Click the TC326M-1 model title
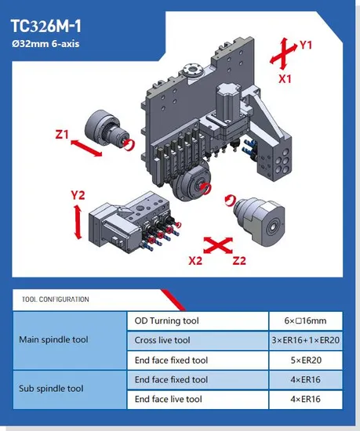pyautogui.click(x=46, y=27)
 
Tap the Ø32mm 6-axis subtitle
pyautogui.click(x=45, y=44)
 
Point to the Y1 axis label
pyautogui.click(x=306, y=45)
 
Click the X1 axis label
pyautogui.click(x=285, y=79)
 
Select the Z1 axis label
pyautogui.click(x=62, y=135)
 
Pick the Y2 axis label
pyautogui.click(x=78, y=195)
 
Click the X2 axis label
pyautogui.click(x=195, y=261)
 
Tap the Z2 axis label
pyautogui.click(x=239, y=261)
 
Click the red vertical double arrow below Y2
pyautogui.click(x=78, y=222)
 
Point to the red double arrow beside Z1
pyautogui.click(x=86, y=148)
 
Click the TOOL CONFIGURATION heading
pyautogui.click(x=55, y=299)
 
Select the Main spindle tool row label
pyautogui.click(x=53, y=340)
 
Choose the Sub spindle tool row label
pyautogui.click(x=51, y=389)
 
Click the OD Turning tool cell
pyautogui.click(x=198, y=321)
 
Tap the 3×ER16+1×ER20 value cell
pyautogui.click(x=306, y=340)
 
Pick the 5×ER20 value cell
pyautogui.click(x=306, y=360)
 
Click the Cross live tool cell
pyautogui.click(x=198, y=340)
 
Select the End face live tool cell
pyautogui.click(x=198, y=399)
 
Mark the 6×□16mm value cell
pyautogui.click(x=306, y=321)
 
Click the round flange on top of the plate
pyautogui.click(x=193, y=71)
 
